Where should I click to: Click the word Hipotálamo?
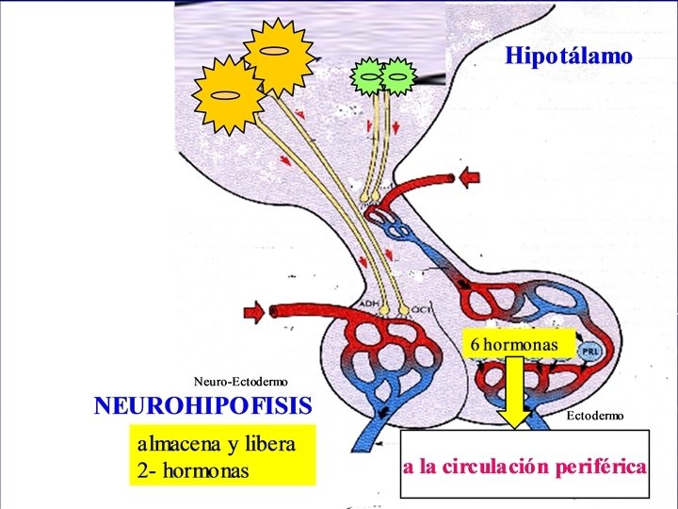pyautogui.click(x=569, y=57)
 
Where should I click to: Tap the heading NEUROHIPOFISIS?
pyautogui.click(x=202, y=406)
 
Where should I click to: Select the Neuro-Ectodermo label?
pyautogui.click(x=241, y=381)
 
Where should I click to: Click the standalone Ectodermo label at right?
pyautogui.click(x=594, y=415)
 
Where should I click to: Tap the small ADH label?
pyautogui.click(x=368, y=304)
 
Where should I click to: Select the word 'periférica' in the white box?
pyautogui.click(x=600, y=467)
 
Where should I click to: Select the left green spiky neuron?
pyautogui.click(x=369, y=74)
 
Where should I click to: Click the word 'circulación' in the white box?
pyautogui.click(x=494, y=467)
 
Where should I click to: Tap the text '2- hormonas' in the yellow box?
pyautogui.click(x=193, y=469)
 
